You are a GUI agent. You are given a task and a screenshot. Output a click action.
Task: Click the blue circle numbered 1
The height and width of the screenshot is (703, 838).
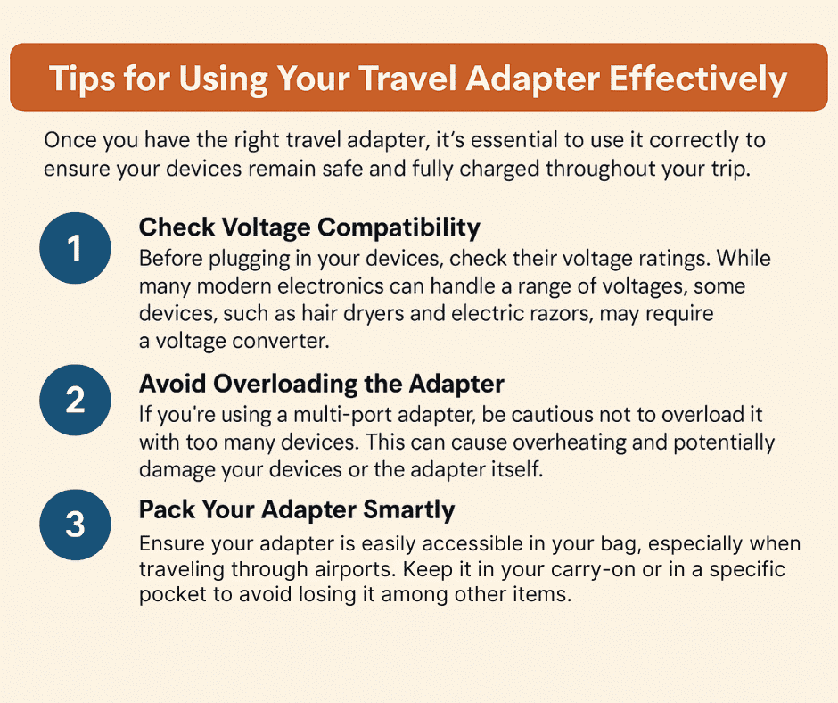pos(76,248)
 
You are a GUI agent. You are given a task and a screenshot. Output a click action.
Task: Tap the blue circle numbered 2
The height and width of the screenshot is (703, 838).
pos(76,401)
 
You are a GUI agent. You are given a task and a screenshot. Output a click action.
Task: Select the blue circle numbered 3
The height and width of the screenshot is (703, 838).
pos(76,525)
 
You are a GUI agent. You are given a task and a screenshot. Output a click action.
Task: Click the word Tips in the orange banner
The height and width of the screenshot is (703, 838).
pos(82,79)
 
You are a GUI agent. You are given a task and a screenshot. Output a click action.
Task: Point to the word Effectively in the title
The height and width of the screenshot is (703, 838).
pos(698,79)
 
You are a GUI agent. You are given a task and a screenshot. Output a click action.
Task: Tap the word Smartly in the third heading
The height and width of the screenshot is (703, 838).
pos(409,509)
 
